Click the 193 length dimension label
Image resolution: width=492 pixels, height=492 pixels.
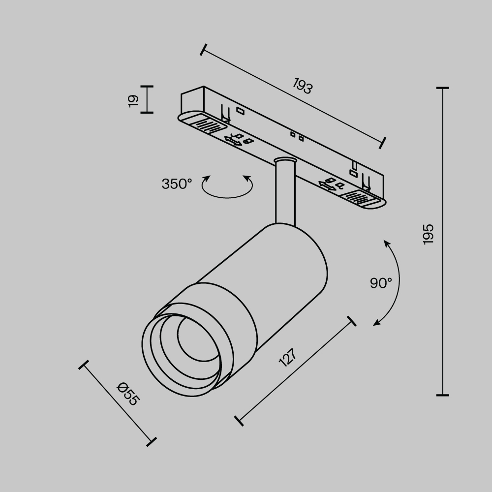[x=303, y=86]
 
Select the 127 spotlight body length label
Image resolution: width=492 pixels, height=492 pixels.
[x=288, y=358]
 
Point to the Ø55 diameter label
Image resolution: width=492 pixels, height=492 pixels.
[x=128, y=394]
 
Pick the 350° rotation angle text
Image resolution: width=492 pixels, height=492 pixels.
[x=177, y=184]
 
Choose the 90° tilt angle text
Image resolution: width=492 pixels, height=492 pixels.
[x=381, y=283]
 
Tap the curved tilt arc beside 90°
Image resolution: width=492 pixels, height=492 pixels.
[x=396, y=283]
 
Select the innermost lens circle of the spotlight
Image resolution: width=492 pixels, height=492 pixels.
[x=194, y=339]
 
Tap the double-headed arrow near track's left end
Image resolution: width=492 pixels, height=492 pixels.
[x=233, y=141]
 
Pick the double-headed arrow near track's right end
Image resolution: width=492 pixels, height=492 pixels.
[x=327, y=186]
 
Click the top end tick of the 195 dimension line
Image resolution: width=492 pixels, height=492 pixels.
[x=442, y=88]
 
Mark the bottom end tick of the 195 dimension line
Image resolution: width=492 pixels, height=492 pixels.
[x=442, y=395]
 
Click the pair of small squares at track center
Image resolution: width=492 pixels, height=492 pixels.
[x=297, y=136]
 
